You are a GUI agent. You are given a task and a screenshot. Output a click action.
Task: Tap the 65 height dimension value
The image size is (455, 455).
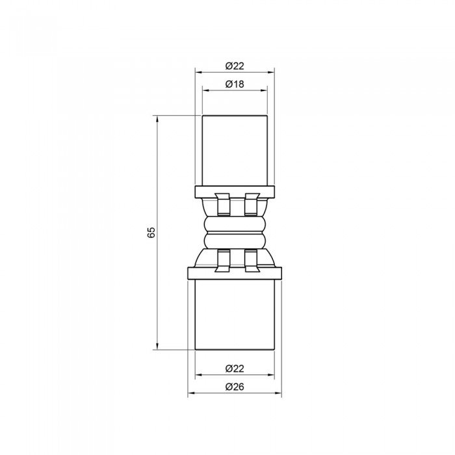(151, 232)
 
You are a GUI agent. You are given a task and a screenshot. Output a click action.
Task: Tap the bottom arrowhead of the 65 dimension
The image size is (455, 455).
(158, 346)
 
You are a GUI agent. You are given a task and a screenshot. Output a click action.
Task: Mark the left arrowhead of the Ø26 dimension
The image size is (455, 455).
(190, 395)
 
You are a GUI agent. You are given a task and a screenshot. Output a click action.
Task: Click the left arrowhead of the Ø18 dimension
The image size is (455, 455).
(205, 90)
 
